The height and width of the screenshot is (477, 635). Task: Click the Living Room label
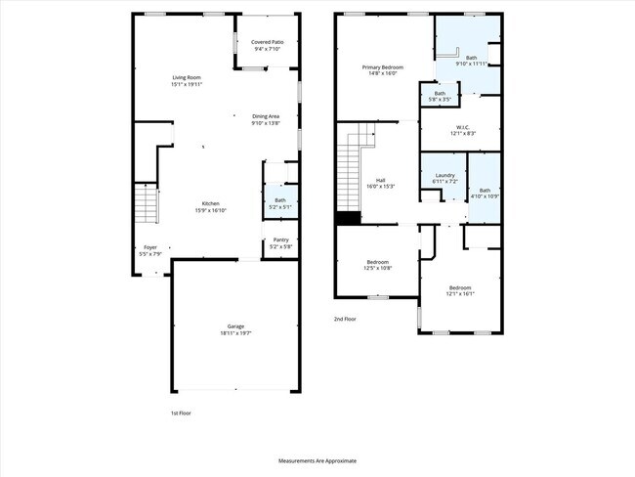coord(188,79)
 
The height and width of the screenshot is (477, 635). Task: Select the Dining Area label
coord(266,119)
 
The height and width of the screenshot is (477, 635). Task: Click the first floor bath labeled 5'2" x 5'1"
coord(280,203)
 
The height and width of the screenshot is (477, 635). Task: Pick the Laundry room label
coord(444,179)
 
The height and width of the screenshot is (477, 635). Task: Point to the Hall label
coord(381,183)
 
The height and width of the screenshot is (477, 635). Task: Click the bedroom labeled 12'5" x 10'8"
coord(379,264)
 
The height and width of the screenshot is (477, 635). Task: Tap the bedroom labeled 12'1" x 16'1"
coord(461,290)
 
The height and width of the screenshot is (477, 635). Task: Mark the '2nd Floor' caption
coord(345,319)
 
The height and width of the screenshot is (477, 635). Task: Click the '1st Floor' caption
coord(180,412)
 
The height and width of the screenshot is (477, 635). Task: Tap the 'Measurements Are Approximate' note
coord(317,459)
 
